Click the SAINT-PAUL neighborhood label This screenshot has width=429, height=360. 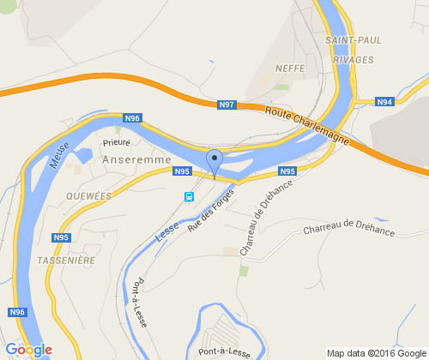353,39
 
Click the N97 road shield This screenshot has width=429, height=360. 227,105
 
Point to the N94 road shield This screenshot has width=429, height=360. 384,102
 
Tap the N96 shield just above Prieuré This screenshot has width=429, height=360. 131,117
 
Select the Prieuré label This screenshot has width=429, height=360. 117,143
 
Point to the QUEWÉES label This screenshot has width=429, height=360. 89,195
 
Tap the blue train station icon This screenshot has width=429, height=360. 189,195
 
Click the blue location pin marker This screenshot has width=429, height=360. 214,160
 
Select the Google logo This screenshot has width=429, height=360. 28,350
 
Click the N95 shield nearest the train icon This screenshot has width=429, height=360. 181,171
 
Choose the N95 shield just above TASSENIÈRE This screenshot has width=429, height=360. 61,237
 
